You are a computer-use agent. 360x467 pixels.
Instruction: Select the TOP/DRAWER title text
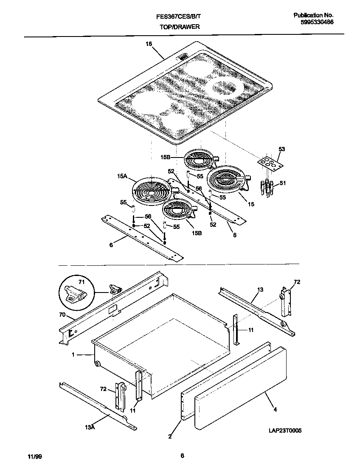[x=180, y=27]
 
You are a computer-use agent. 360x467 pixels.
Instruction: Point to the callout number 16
[x=149, y=44]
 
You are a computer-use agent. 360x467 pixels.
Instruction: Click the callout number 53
[x=282, y=149]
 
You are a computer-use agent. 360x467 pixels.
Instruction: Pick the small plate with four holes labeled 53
[x=269, y=163]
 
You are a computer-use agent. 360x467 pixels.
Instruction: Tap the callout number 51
[x=283, y=183]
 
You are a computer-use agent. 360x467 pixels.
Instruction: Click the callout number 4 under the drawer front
[x=275, y=409]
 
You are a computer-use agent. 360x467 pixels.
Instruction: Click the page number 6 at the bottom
[x=182, y=456]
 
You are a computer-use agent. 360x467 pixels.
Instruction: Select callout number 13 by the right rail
[x=260, y=290]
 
